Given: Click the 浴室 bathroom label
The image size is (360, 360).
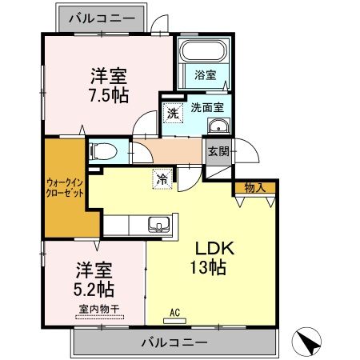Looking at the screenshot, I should click(x=206, y=75).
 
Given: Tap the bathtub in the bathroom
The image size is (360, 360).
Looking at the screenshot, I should click(x=204, y=54).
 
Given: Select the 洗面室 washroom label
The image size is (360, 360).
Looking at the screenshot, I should click(x=206, y=106).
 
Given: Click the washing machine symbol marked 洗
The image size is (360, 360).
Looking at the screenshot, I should click(x=173, y=114).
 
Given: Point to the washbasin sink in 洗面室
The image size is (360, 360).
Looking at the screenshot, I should click(x=217, y=126).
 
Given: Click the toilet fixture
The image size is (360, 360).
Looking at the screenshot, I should click(x=103, y=150).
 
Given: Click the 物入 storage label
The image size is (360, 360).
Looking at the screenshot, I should click(x=255, y=189).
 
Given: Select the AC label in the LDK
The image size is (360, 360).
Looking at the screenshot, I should click(x=175, y=311).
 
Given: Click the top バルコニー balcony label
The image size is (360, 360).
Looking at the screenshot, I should click(x=101, y=16).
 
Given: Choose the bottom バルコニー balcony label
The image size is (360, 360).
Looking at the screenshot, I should click(x=174, y=342).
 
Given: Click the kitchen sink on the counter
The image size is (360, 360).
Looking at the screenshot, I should click(x=157, y=223).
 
